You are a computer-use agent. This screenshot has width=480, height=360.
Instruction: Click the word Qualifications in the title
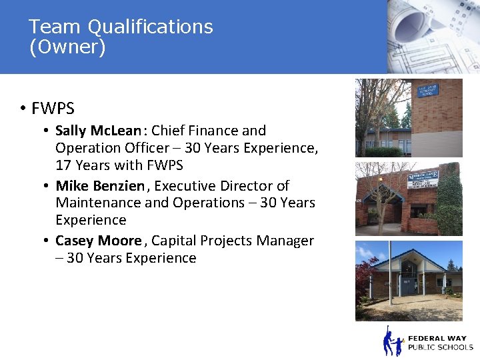click(150, 27)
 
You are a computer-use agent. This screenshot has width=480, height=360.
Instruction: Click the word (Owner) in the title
click(67, 47)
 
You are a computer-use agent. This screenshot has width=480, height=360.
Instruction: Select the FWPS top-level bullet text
click(53, 108)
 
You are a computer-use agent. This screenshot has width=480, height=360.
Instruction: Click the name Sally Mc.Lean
click(98, 131)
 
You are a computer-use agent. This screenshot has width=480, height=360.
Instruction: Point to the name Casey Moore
click(98, 241)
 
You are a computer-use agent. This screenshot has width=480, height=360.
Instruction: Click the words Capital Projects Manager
click(232, 241)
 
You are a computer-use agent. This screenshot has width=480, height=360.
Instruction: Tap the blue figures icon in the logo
click(393, 342)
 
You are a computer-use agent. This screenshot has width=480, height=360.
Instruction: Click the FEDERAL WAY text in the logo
click(438, 338)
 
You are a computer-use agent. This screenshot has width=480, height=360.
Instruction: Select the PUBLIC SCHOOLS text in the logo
click(440, 347)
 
